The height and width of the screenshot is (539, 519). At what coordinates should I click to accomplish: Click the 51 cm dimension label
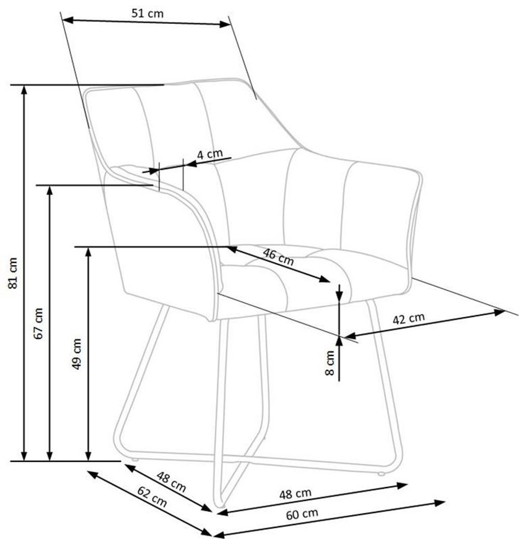click(147, 13)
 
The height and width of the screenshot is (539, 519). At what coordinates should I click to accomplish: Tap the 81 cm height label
click(12, 273)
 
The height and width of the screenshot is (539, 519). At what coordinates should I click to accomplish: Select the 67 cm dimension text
click(38, 323)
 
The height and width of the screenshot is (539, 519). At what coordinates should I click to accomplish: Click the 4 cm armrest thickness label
click(210, 154)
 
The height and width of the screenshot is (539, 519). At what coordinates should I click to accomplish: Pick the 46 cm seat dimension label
click(278, 257)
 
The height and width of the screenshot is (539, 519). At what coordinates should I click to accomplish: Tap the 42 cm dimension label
click(408, 319)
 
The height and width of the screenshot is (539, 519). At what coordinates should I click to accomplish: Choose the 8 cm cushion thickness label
click(330, 363)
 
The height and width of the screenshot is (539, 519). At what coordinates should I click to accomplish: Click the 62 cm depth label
click(152, 497)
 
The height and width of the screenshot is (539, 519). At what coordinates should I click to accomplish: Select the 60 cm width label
click(302, 515)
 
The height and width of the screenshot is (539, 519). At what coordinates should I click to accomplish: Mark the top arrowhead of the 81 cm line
click(24, 90)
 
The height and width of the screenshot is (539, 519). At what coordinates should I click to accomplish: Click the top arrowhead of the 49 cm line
click(88, 252)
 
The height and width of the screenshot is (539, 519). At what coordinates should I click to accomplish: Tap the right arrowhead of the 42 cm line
click(499, 312)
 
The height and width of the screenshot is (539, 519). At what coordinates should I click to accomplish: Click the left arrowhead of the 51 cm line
click(68, 20)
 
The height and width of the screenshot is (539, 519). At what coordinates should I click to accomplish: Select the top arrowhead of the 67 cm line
click(49, 191)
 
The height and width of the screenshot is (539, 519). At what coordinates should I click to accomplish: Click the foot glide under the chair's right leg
click(380, 474)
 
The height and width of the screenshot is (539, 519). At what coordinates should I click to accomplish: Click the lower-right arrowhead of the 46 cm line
click(324, 279)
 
